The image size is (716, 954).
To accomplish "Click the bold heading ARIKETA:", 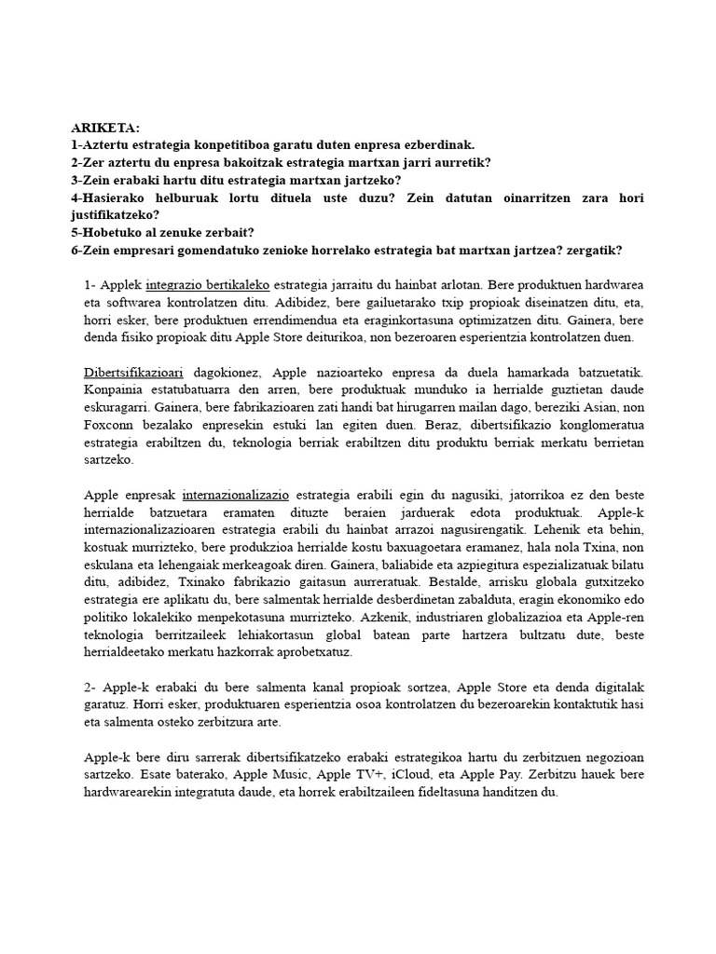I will click(x=104, y=128).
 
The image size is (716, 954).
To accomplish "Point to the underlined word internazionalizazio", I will click(x=236, y=496).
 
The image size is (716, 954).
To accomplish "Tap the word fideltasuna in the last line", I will click(x=447, y=793).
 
